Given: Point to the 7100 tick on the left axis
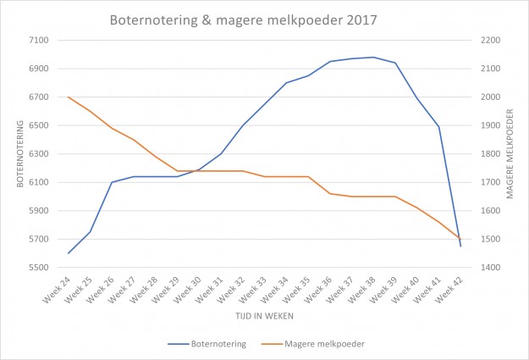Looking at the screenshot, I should point(38,40).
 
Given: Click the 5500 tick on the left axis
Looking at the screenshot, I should point(38,268).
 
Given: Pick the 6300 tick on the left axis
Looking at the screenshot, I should point(38,154).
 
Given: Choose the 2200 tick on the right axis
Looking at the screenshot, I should point(492,40).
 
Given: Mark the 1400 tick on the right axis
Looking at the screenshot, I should point(492,268).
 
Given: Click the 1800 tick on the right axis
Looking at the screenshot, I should point(492,154).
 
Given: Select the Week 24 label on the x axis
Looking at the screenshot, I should point(57,288).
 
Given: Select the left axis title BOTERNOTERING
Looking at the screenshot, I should point(19,153).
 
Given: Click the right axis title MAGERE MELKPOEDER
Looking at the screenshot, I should point(510,153).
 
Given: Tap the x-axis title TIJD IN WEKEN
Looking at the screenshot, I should point(264,315).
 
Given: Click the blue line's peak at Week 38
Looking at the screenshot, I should point(373,57).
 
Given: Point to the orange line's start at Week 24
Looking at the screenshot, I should point(69,97).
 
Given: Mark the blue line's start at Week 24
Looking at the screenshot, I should point(69,253).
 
